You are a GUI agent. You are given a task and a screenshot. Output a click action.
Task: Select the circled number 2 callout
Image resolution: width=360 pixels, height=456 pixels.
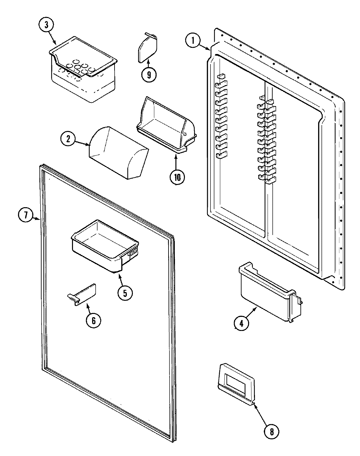click(x=68, y=139)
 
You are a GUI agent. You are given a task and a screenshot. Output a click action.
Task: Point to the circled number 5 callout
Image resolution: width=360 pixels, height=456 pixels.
click(x=125, y=292)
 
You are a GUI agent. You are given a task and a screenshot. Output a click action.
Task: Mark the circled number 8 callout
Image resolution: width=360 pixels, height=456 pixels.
click(x=272, y=431)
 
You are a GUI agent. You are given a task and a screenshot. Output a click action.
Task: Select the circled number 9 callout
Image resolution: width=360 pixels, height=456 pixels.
click(x=149, y=74)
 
